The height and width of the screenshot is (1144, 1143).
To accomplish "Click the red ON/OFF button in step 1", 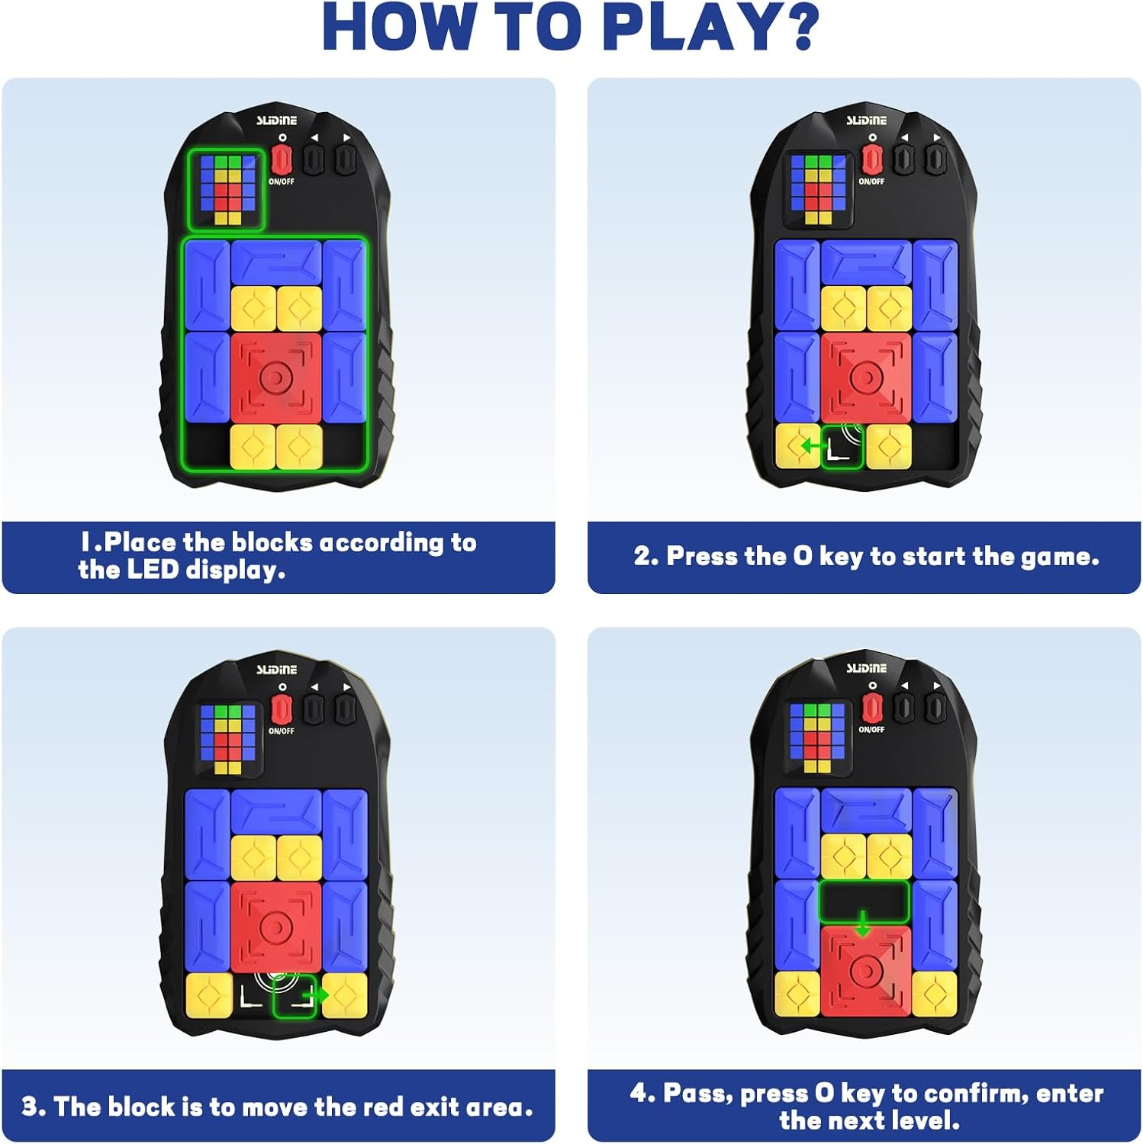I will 282,159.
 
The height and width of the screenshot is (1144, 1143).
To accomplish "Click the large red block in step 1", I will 275,377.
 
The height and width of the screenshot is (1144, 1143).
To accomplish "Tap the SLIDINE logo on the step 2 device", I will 866,121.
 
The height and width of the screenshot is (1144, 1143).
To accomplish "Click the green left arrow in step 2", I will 811,446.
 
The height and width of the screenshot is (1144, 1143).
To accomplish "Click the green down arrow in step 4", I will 863,924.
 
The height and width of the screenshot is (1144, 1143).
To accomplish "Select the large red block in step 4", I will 866,970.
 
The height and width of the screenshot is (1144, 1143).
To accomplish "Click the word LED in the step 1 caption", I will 153,570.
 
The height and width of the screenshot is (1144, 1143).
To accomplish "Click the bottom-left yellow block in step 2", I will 797,446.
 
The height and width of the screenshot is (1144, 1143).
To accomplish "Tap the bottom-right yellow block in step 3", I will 345,996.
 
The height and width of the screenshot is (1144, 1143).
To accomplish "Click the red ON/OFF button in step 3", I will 282,709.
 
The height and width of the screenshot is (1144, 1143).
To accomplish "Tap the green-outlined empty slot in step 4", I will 864,901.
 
